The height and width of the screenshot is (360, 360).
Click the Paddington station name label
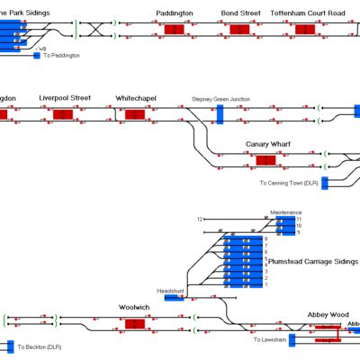pos(174,14)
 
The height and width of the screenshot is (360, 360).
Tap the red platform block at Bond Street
pos(239,30)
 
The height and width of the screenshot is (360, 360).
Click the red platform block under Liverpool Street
pos(63,114)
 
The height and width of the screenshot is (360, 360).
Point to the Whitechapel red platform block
pos(134,114)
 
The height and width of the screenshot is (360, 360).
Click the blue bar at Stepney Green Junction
pos(220,113)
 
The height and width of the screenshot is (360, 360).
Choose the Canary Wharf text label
pos(267,144)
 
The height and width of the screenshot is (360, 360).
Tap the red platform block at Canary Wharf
pos(265,160)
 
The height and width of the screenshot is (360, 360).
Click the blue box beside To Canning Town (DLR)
pos(326,184)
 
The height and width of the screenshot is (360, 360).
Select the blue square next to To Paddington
pos(37,56)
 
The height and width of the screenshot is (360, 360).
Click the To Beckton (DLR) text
pos(41,346)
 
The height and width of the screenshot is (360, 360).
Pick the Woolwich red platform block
pos(134,323)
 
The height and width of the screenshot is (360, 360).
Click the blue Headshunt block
pos(174,298)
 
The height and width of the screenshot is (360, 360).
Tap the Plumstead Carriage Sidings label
pos(312,260)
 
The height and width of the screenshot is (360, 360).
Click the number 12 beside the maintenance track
pos(201,219)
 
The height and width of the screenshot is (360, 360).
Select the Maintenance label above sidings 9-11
pos(286,212)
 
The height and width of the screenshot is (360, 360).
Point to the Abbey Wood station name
pos(327,314)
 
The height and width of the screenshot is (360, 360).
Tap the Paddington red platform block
pos(174,30)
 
